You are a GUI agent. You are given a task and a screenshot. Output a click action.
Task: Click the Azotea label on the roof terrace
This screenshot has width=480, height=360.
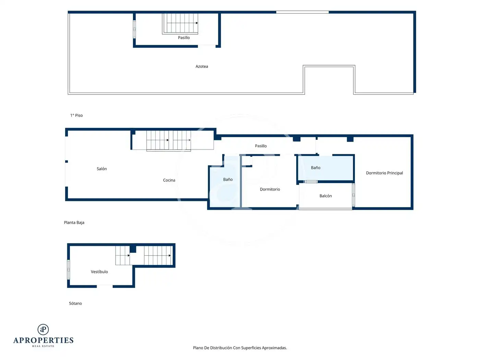[x=202, y=67]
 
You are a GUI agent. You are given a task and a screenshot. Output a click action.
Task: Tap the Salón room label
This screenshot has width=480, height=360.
[x=102, y=169]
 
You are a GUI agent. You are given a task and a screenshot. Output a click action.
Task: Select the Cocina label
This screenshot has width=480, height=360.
[x=169, y=180]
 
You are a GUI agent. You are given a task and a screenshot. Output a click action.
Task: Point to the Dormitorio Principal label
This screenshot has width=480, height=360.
[x=384, y=173]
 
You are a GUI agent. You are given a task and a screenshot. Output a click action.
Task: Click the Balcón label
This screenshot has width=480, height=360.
[x=325, y=196]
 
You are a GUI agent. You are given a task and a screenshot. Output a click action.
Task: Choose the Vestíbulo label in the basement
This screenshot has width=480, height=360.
[x=99, y=272]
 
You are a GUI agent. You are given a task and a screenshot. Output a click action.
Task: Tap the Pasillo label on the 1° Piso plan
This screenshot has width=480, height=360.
[x=184, y=38]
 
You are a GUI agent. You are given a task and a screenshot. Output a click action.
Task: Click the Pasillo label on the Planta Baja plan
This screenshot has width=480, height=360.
[x=261, y=146]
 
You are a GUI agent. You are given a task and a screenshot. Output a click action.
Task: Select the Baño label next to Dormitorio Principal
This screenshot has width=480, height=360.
[x=315, y=168]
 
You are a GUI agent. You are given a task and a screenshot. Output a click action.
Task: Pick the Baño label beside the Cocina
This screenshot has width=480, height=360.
[x=228, y=179]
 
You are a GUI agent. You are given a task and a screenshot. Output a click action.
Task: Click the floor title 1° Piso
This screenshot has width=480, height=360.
[x=76, y=116]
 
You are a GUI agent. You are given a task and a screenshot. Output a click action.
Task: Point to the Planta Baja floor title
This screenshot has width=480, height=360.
[x=74, y=223]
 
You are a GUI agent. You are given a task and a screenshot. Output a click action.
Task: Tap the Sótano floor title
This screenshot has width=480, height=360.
[x=75, y=303]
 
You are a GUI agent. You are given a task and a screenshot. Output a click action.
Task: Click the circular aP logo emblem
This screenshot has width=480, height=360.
[x=43, y=329]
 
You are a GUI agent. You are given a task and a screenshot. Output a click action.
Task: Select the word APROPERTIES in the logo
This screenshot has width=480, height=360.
[x=43, y=340]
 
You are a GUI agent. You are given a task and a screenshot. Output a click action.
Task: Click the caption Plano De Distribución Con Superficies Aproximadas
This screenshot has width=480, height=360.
[x=240, y=348]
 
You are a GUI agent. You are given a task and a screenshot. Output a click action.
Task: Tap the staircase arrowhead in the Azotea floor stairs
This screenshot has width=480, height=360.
[x=197, y=23]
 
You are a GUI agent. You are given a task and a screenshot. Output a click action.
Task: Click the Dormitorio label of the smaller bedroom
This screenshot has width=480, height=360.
[x=269, y=189]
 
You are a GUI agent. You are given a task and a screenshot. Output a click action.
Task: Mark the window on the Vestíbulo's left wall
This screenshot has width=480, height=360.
[x=69, y=269]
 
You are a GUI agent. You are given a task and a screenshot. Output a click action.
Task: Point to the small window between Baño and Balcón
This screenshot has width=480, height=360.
[x=311, y=182]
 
